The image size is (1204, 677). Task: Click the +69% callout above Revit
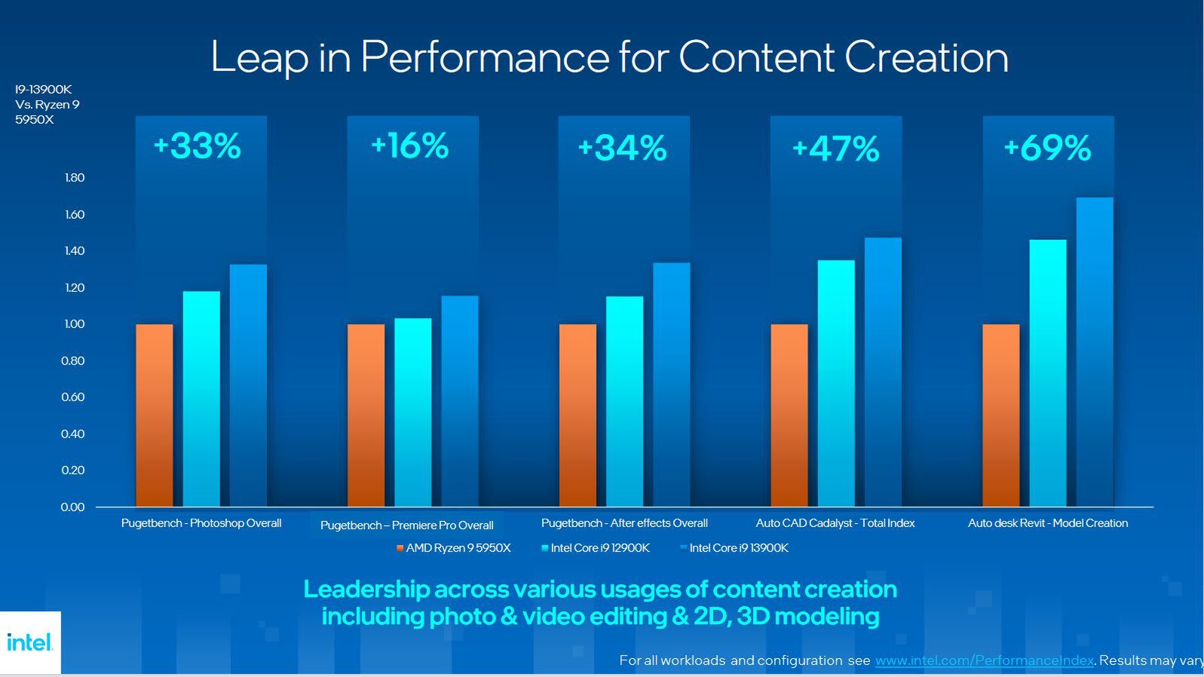pyautogui.click(x=1047, y=148)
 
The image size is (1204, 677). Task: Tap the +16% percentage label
pyautogui.click(x=409, y=146)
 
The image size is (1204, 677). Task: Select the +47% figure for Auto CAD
pyautogui.click(x=835, y=149)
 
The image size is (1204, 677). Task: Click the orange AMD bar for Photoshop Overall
pyautogui.click(x=155, y=415)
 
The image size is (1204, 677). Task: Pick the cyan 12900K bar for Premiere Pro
pyautogui.click(x=413, y=412)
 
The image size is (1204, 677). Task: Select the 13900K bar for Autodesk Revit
pyautogui.click(x=1095, y=351)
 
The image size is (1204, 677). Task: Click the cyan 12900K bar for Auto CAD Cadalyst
pyautogui.click(x=836, y=383)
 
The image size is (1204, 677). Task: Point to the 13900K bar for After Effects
pyautogui.click(x=671, y=384)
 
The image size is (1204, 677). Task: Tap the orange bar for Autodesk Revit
pyautogui.click(x=1000, y=415)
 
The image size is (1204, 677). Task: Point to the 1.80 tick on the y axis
pyautogui.click(x=75, y=178)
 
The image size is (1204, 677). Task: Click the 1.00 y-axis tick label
pyautogui.click(x=75, y=324)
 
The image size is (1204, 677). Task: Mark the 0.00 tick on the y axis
pyautogui.click(x=73, y=507)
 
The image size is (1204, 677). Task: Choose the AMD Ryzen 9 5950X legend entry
pyautogui.click(x=454, y=548)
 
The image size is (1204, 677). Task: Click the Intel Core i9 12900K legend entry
pyautogui.click(x=596, y=548)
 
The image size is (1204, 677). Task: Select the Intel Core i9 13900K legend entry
pyautogui.click(x=735, y=548)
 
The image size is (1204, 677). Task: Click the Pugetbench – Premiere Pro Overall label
pyautogui.click(x=406, y=525)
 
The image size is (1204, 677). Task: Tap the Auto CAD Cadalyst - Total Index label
pyautogui.click(x=835, y=523)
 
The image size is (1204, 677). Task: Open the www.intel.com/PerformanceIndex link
pyautogui.click(x=984, y=660)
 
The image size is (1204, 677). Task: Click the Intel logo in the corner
pyautogui.click(x=30, y=642)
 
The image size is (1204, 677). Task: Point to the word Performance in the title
pyautogui.click(x=485, y=57)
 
